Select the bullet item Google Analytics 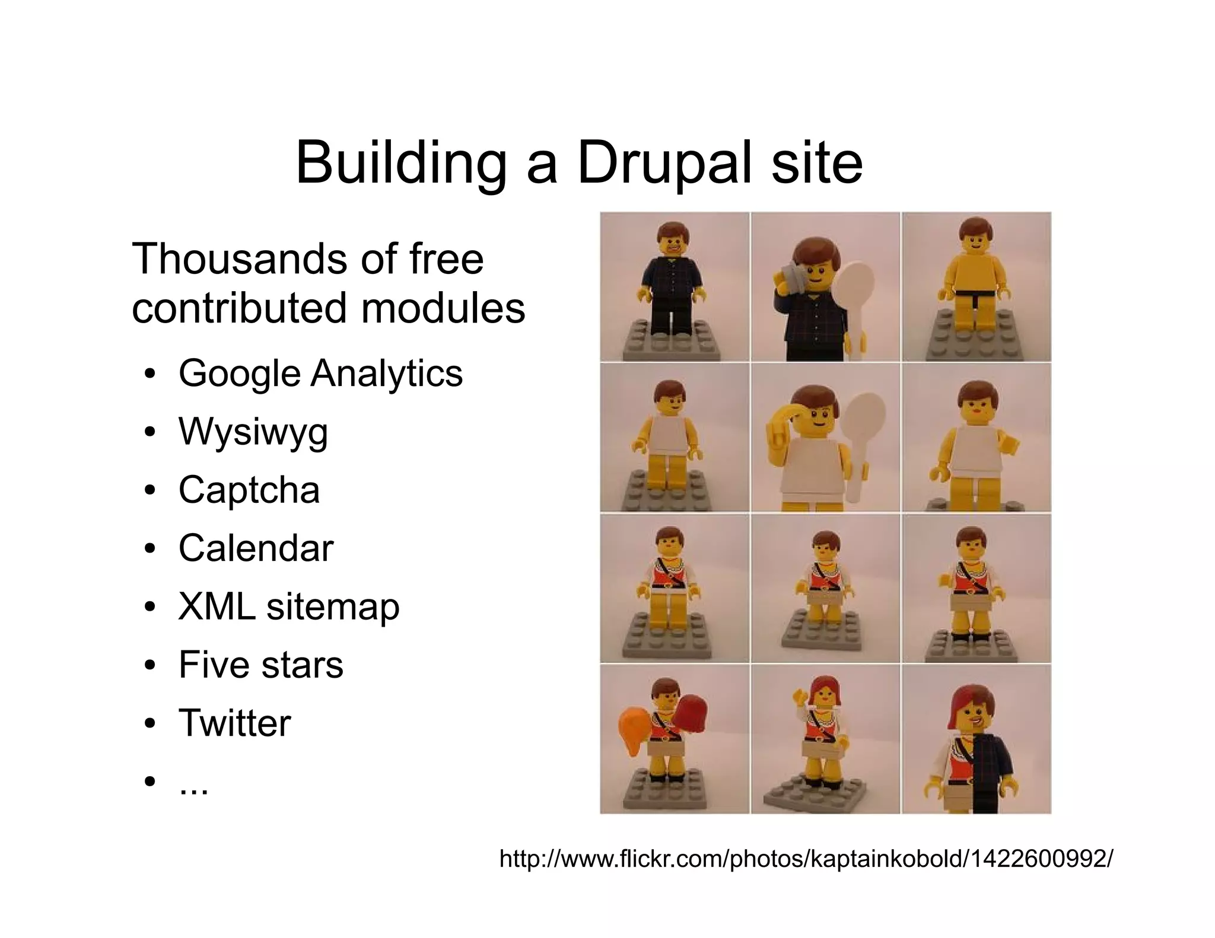click(320, 374)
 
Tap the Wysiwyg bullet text click(253, 432)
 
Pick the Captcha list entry click(249, 490)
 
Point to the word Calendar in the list click(256, 548)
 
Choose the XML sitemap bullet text click(289, 607)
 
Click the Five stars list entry click(260, 665)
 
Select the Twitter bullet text click(235, 723)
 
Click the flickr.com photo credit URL click(806, 858)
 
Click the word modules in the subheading click(443, 308)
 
